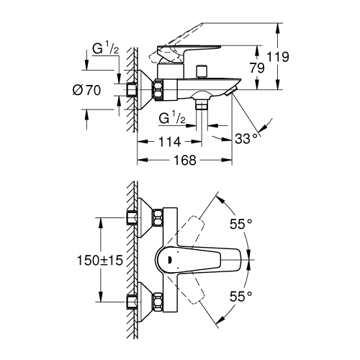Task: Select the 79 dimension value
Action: tap(258, 68)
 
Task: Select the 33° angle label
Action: tap(246, 137)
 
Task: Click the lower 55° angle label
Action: tap(241, 295)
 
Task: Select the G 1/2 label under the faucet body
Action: tap(171, 118)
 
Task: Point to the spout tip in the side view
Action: tap(231, 92)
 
